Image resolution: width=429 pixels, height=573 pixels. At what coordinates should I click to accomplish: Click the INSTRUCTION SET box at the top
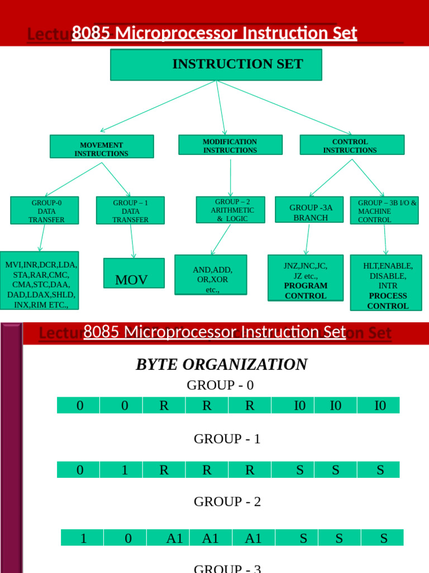click(216, 64)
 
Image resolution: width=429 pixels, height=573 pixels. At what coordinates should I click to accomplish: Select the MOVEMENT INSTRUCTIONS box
click(102, 146)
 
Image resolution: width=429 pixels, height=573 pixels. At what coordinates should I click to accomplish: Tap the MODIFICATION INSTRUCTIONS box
click(230, 145)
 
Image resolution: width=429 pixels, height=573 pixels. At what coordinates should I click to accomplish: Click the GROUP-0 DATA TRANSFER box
click(45, 210)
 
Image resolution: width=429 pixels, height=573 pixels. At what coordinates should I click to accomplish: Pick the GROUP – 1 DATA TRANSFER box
click(130, 210)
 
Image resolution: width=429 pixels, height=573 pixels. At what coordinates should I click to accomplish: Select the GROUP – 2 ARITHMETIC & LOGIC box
click(230, 210)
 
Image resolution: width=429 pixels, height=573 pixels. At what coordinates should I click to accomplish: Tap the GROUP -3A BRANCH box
click(309, 210)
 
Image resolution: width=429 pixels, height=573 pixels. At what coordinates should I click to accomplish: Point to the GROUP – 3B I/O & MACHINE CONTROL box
click(384, 210)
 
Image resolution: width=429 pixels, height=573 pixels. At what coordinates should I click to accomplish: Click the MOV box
click(134, 274)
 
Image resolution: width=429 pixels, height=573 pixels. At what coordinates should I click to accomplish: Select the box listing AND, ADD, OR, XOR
click(211, 275)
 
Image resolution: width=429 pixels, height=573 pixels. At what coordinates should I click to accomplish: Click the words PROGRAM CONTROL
click(306, 291)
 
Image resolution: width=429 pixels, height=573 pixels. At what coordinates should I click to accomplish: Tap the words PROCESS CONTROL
click(388, 301)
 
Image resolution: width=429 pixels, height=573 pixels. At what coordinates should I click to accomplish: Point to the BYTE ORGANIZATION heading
click(221, 364)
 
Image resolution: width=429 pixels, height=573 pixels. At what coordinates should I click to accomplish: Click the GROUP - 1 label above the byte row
click(227, 439)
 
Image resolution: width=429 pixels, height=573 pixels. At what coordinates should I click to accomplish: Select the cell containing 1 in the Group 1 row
click(124, 470)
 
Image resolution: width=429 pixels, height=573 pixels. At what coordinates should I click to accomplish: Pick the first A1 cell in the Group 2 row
click(175, 538)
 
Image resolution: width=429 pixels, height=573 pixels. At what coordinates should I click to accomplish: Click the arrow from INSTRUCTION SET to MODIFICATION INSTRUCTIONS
click(221, 107)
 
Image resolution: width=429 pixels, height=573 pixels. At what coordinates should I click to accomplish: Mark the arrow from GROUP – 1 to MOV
click(132, 241)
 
